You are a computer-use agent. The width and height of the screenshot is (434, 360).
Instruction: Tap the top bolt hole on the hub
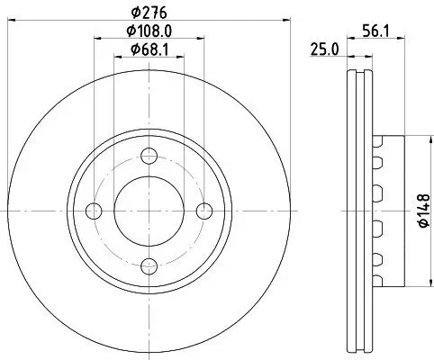click(149, 155)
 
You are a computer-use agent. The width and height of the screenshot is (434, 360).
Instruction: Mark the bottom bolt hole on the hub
click(149, 266)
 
